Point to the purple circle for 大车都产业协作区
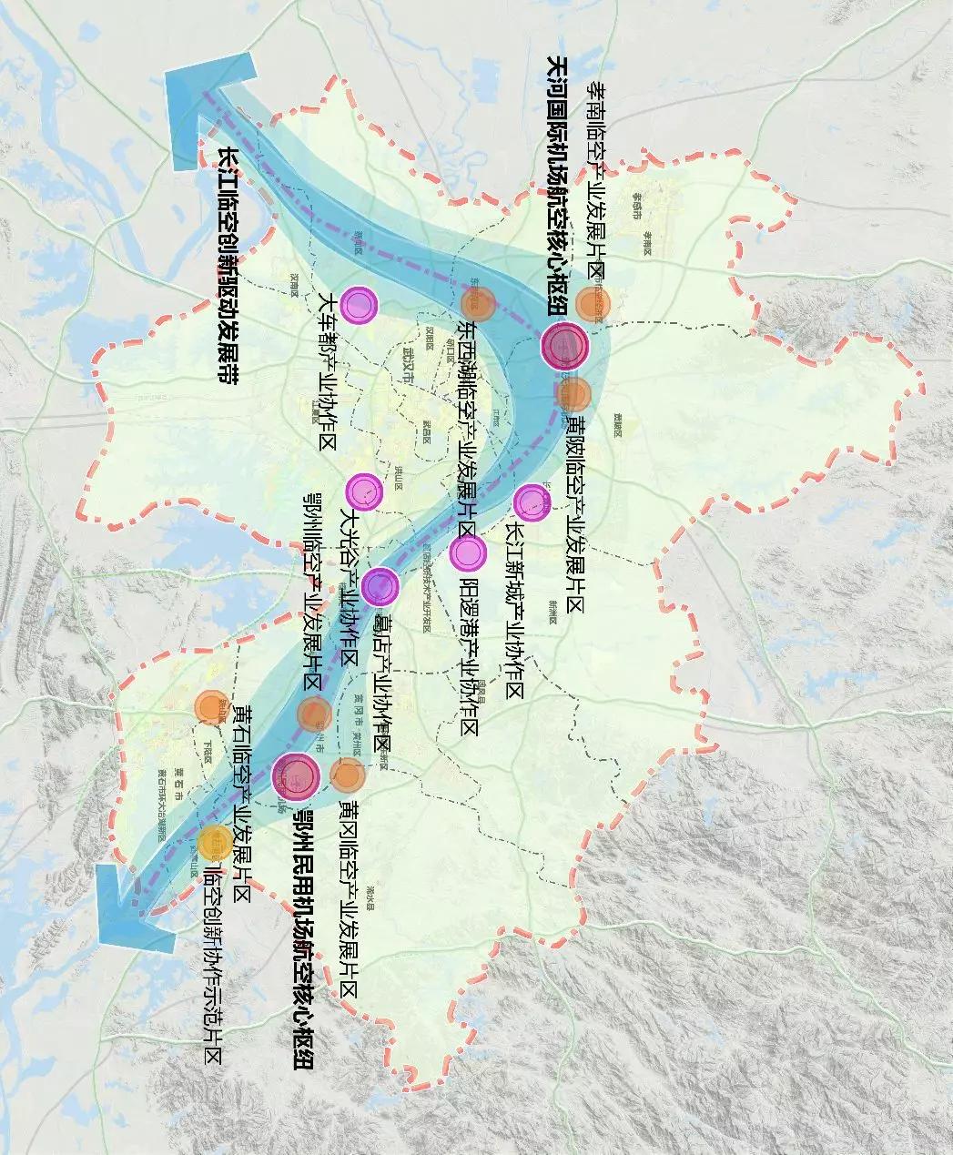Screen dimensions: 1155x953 [360, 305]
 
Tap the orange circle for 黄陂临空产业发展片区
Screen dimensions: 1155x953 [576, 394]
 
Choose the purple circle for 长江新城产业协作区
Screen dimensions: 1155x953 [532, 502]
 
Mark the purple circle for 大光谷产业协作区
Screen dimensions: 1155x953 [364, 491]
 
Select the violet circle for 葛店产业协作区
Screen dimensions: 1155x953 [380, 585]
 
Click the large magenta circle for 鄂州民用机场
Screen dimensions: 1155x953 [296, 775]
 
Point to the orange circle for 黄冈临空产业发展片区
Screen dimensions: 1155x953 [348, 775]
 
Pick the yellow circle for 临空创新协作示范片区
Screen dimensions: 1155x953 [215, 841]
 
